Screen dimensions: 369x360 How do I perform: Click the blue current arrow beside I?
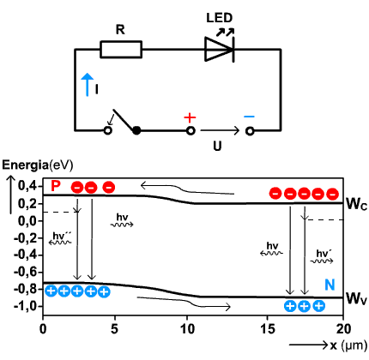pyautogui.click(x=88, y=85)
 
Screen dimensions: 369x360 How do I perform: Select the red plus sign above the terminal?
pyautogui.click(x=190, y=117)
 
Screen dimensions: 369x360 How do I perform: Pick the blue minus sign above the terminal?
pyautogui.click(x=249, y=117)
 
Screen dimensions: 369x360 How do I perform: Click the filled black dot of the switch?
pyautogui.click(x=136, y=131)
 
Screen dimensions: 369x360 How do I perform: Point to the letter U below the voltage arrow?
pyautogui.click(x=217, y=146)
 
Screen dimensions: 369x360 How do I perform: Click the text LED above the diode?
pyautogui.click(x=220, y=18)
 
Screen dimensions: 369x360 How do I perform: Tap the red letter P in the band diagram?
pyautogui.click(x=56, y=186)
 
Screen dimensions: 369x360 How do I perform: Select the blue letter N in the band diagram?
pyautogui.click(x=330, y=285)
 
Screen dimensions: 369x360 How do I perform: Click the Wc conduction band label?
pyautogui.click(x=356, y=204)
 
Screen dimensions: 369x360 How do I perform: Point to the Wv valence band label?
pyautogui.click(x=356, y=298)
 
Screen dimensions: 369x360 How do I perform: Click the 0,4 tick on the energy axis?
pyautogui.click(x=28, y=186)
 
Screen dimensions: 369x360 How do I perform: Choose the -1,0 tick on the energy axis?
pyautogui.click(x=25, y=306)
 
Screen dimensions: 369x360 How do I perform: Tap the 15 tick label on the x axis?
pyautogui.click(x=268, y=329)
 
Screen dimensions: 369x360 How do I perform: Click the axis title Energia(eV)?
pyautogui.click(x=38, y=165)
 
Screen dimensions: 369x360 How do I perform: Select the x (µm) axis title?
pyautogui.click(x=348, y=345)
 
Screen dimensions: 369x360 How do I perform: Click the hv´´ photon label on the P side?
pyautogui.click(x=61, y=236)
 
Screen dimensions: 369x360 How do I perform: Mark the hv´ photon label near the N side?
pyautogui.click(x=324, y=254)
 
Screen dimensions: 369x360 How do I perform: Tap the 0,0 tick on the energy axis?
pyautogui.click(x=28, y=221)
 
